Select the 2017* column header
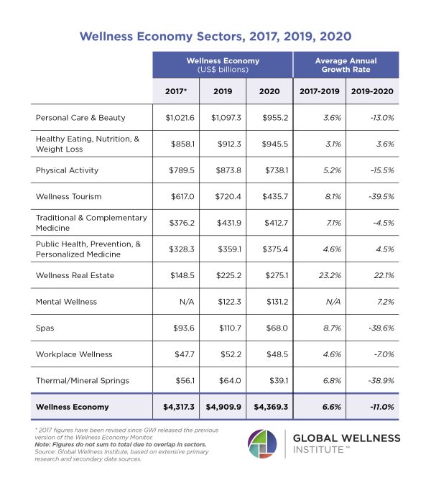[175, 91]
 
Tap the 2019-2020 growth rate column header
[372, 91]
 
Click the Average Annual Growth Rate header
[346, 65]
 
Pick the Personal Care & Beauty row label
[80, 117]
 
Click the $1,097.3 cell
[223, 117]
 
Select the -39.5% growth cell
[372, 196]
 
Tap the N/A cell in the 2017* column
[177, 302]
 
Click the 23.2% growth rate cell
[319, 275]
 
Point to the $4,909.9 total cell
[223, 407]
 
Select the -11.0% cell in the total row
[372, 407]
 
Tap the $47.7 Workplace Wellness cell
[177, 354]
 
